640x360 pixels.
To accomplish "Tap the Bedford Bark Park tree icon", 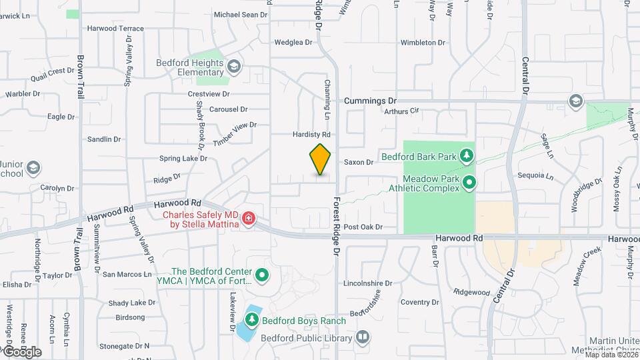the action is (468, 157).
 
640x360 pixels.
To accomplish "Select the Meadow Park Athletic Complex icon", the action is (469, 181).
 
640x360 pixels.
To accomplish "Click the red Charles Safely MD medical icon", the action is (249, 218).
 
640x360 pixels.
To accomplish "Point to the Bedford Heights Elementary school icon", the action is (234, 65).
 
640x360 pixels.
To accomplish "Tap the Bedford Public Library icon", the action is (362, 338).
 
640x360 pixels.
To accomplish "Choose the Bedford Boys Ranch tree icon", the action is (253, 321).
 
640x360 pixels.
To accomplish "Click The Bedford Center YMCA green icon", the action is (262, 275).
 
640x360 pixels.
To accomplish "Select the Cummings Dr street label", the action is (370, 101).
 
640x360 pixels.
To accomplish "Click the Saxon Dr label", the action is (359, 162).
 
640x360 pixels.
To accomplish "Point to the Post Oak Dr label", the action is (363, 227).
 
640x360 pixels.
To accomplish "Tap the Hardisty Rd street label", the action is (311, 134).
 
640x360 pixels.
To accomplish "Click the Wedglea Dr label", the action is (293, 43).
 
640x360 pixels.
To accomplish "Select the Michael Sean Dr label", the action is (240, 14).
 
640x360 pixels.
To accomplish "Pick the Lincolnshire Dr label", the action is (370, 283).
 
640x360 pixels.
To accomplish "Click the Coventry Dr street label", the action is (420, 302).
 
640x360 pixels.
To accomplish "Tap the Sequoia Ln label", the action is (540, 177).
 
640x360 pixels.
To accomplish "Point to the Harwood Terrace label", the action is (115, 29).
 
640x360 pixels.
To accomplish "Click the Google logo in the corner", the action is (21, 351).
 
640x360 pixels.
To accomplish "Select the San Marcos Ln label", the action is (127, 274).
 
